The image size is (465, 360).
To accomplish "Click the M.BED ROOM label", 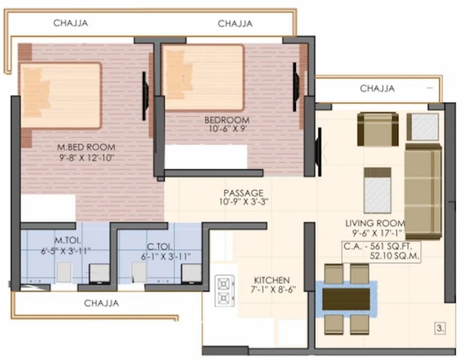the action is tap(86, 147).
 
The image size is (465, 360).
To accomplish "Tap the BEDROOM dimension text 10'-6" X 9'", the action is tap(227, 129).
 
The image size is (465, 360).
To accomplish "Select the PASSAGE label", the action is tap(243, 193).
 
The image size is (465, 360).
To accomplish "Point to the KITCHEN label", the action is tap(271, 280).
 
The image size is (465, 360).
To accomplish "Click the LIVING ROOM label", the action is tap(375, 223).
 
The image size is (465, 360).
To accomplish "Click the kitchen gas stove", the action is tap(225, 291).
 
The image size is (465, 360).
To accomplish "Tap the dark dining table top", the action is tap(346, 299).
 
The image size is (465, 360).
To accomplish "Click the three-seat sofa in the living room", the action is tap(423, 191).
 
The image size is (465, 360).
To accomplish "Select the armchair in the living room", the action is tap(377, 129).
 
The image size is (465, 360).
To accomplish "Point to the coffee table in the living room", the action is tap(377, 190).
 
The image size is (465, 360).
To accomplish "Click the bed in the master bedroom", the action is tap(60, 95).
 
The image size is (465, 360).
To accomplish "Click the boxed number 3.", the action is tap(440, 329).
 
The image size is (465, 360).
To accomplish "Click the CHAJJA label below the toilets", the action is tap(101, 303).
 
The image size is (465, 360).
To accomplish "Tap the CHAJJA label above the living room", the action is tap(377, 88).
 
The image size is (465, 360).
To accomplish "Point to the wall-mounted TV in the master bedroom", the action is tap(145, 96).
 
